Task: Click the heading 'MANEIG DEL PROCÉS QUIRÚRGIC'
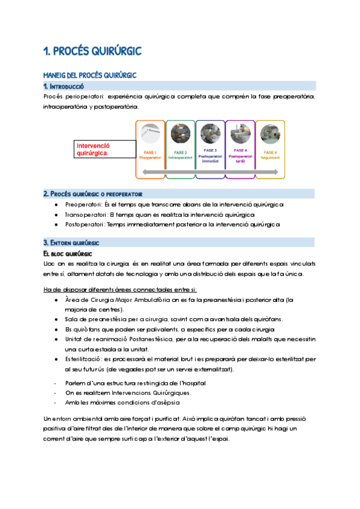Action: click(x=90, y=76)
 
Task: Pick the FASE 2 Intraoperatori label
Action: click(x=180, y=155)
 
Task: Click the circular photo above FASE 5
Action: click(x=270, y=133)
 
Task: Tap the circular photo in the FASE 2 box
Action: click(x=180, y=133)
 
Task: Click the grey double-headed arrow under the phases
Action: click(x=210, y=173)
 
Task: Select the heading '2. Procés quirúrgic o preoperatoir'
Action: click(x=96, y=194)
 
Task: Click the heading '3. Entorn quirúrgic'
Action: click(x=71, y=242)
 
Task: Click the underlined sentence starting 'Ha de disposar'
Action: click(x=120, y=290)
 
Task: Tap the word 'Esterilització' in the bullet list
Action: click(x=85, y=359)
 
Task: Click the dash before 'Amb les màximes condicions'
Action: click(x=55, y=402)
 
